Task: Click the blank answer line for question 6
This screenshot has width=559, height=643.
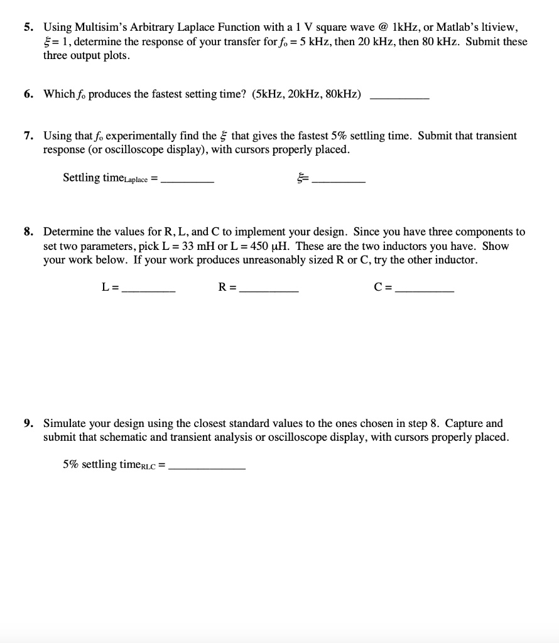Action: pos(400,98)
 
